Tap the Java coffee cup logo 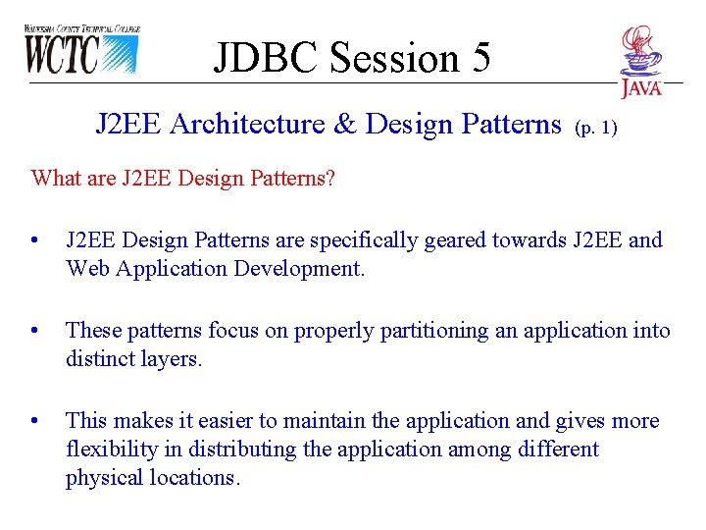tap(640, 61)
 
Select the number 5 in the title tap(480, 58)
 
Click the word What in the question tap(56, 178)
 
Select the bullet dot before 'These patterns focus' tap(35, 332)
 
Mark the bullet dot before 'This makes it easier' tap(35, 422)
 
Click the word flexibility tap(109, 450)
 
